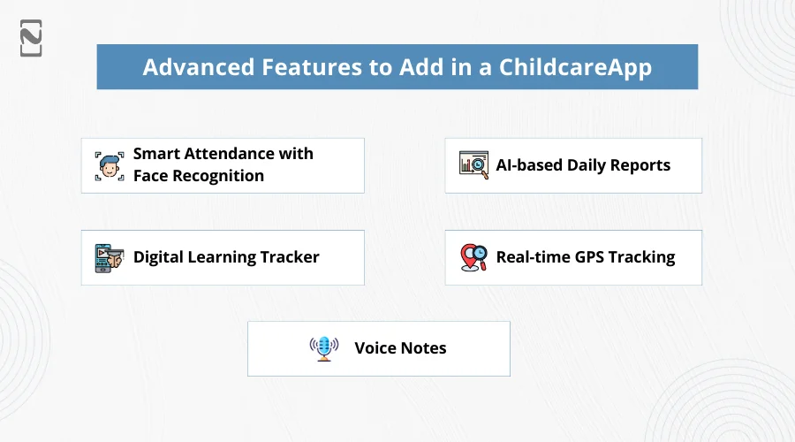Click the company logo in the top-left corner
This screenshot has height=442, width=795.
[x=31, y=38]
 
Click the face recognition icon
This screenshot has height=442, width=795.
[x=110, y=165]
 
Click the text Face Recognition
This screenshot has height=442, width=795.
[x=199, y=176]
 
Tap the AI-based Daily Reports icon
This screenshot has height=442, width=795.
[x=473, y=165]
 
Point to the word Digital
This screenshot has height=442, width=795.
[x=159, y=257]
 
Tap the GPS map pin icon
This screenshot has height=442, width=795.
[x=473, y=257]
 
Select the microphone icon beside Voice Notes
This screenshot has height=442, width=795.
[x=324, y=347]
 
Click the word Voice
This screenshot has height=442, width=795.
[x=376, y=347]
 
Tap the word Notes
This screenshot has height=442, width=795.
[x=424, y=347]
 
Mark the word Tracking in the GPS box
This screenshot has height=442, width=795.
[x=641, y=257]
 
